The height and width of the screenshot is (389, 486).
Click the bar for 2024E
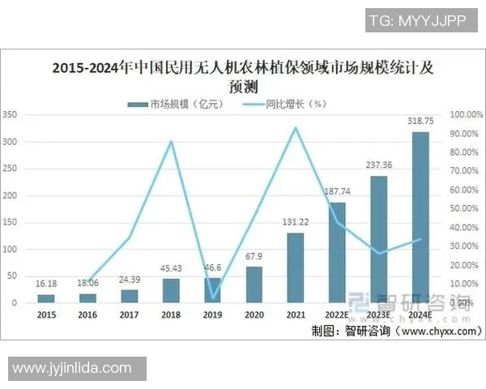coord(420,217)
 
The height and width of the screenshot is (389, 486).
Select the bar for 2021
coord(296,267)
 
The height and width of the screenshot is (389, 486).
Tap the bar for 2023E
coord(379,239)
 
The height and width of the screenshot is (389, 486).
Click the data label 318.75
coord(420,122)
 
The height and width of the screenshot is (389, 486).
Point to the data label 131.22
coord(296,224)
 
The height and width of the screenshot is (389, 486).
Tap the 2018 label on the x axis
coord(171,315)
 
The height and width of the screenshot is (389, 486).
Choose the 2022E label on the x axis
coord(337,315)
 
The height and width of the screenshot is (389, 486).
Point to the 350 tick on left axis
coord(10,115)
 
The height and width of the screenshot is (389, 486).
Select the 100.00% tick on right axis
coord(467,115)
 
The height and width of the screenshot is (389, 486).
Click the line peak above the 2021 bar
coord(296,127)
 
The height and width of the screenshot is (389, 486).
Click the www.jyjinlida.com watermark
coord(72,368)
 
